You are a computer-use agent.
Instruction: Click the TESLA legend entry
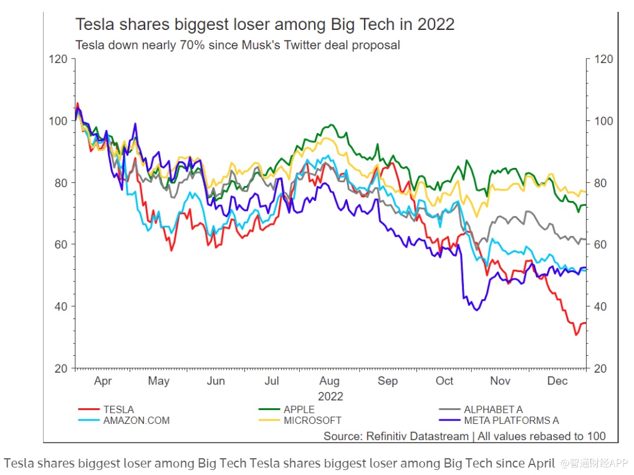click(118, 409)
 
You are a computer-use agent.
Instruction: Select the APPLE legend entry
click(299, 409)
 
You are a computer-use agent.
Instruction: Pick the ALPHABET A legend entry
click(492, 409)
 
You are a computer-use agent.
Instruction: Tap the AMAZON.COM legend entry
click(136, 420)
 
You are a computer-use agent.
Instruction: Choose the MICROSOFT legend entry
click(312, 420)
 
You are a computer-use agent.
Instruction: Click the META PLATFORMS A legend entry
click(511, 420)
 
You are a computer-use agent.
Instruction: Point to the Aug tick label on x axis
click(329, 381)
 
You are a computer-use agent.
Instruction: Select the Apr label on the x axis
click(103, 381)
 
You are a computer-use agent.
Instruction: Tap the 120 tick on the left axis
click(58, 59)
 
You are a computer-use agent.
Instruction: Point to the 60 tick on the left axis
click(60, 245)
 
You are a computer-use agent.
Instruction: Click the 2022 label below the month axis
click(330, 396)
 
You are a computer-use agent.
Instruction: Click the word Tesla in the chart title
click(92, 25)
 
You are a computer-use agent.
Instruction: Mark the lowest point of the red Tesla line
click(577, 335)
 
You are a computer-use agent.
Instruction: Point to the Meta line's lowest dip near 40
click(477, 310)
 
